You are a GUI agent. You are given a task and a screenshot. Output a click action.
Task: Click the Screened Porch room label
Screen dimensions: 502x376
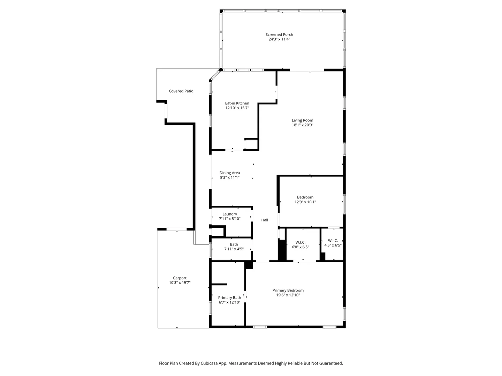(x=279, y=34)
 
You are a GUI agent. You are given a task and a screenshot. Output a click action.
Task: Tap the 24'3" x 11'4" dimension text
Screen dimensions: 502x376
(x=279, y=39)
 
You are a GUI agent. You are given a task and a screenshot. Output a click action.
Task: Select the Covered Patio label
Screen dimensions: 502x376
(x=181, y=91)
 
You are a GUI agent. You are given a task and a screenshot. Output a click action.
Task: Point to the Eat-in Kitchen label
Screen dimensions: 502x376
(x=237, y=103)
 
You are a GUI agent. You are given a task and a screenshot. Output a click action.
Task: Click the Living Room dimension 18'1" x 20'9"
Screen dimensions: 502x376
(x=302, y=125)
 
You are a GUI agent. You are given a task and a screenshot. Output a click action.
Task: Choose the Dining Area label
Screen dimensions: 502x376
(x=230, y=173)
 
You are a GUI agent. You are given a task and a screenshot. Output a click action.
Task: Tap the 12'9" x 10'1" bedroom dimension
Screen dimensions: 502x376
(x=305, y=202)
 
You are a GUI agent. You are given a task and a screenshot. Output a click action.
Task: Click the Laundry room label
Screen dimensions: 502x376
(x=230, y=214)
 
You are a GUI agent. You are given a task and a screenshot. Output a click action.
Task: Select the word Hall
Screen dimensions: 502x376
(x=265, y=220)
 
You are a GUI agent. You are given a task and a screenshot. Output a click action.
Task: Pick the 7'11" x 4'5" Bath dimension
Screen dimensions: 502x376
(x=234, y=249)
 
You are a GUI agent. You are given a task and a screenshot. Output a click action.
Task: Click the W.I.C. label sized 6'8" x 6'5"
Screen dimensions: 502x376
(x=300, y=242)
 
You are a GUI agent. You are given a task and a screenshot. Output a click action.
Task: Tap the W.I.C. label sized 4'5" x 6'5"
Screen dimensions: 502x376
(x=333, y=241)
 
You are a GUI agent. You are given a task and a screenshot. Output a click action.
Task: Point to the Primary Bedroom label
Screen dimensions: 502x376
(x=288, y=290)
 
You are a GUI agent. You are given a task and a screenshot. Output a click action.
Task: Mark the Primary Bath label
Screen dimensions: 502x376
(x=229, y=298)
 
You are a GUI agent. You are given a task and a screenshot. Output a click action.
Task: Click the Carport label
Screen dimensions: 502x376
(x=180, y=278)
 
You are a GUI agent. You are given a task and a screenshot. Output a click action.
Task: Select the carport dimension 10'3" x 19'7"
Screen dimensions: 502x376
(x=180, y=283)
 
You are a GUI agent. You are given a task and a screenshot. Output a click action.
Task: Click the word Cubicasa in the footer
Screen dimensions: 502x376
(x=209, y=363)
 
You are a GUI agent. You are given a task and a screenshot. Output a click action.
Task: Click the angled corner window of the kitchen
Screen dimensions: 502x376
(x=215, y=76)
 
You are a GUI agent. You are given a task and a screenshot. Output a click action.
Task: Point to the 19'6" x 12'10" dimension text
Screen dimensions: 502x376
(x=288, y=295)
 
